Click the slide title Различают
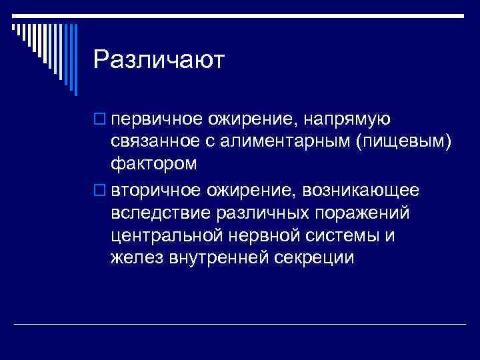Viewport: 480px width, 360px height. (x=159, y=61)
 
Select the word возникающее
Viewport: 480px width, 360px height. (x=361, y=191)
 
